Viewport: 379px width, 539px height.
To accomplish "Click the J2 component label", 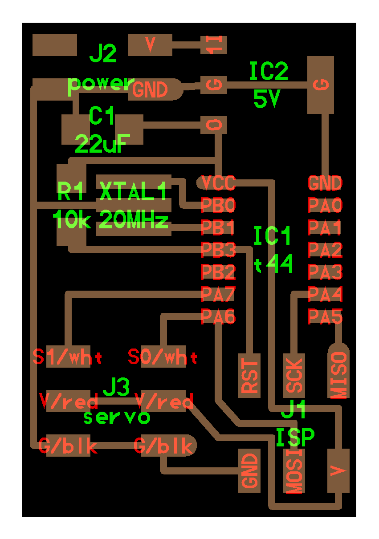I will (x=103, y=54).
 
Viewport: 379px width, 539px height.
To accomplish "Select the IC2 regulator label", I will (x=269, y=72).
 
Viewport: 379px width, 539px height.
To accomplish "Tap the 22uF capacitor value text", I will (x=102, y=143).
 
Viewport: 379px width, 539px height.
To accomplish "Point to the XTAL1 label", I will (x=134, y=192).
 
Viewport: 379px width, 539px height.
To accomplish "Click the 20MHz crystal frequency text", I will (x=134, y=219).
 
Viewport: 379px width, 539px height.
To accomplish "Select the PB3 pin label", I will (x=218, y=250).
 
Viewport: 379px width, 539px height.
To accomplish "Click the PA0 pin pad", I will (x=325, y=205).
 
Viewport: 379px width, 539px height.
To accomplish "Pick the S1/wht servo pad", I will (x=68, y=357).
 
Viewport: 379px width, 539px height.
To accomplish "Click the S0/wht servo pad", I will (x=163, y=357).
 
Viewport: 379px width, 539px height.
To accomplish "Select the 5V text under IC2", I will (x=266, y=99).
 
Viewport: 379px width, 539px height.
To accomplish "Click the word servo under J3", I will (x=117, y=417).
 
